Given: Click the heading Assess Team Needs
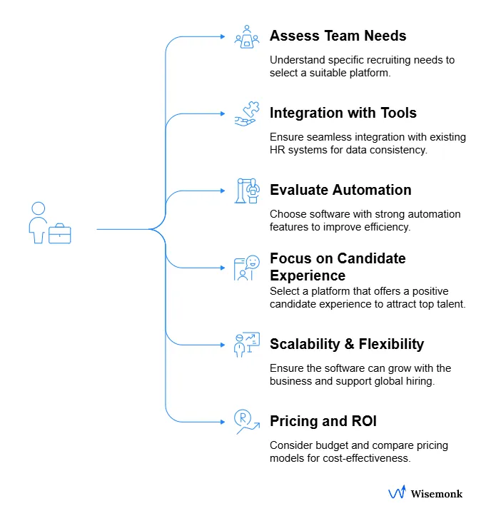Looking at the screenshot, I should (x=338, y=36).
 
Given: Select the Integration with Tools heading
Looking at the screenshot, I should (x=343, y=113).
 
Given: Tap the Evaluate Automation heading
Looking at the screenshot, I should (x=340, y=190).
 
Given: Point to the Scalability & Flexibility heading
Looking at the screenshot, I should (x=347, y=344).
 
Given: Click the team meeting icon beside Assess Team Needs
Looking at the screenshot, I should (x=247, y=36).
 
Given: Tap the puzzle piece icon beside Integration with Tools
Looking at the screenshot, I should (x=247, y=113).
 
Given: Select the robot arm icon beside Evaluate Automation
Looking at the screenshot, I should (x=246, y=191).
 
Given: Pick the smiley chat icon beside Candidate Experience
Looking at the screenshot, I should (x=247, y=268).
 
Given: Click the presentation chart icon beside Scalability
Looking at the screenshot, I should (x=247, y=345).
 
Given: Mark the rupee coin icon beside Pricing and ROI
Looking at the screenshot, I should (x=246, y=422).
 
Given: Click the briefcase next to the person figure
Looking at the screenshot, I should (x=60, y=233).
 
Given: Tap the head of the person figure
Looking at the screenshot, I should (x=39, y=208).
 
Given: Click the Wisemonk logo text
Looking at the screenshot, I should (x=436, y=493).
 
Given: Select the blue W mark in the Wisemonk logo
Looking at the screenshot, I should (x=397, y=493).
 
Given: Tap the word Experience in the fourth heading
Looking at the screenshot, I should (x=308, y=275).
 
